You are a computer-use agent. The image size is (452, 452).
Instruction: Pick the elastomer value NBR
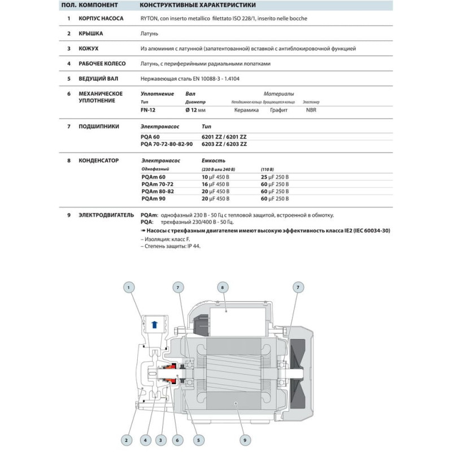311,110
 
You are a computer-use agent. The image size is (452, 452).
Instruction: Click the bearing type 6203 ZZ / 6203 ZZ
224,144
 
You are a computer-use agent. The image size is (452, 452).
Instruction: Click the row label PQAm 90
154,198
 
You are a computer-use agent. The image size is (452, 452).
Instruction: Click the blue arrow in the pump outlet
155,324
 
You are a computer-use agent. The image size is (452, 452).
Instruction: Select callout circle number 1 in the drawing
129,288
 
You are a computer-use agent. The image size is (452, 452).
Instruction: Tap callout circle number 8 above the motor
222,288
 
